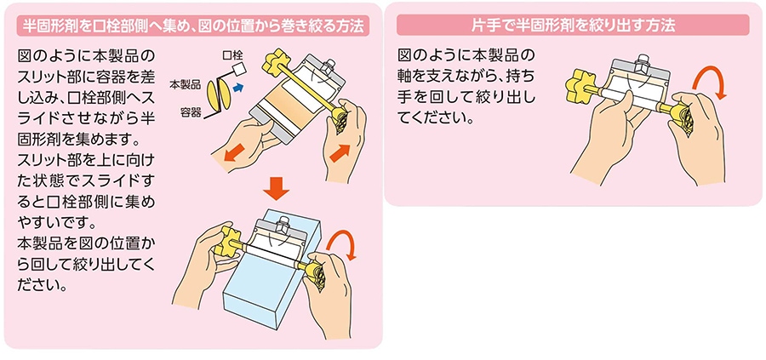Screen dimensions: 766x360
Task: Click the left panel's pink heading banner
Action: pyautogui.click(x=193, y=26)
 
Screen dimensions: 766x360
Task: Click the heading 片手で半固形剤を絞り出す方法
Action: pyautogui.click(x=573, y=26)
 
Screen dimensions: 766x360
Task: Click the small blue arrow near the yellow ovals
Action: pyautogui.click(x=238, y=87)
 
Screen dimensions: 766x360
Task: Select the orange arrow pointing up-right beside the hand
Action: pyautogui.click(x=340, y=154)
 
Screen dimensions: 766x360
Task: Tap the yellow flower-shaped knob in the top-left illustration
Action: pyautogui.click(x=275, y=61)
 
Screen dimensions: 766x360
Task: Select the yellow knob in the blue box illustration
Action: pyautogui.click(x=229, y=243)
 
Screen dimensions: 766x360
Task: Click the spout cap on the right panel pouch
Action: pyautogui.click(x=640, y=64)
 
